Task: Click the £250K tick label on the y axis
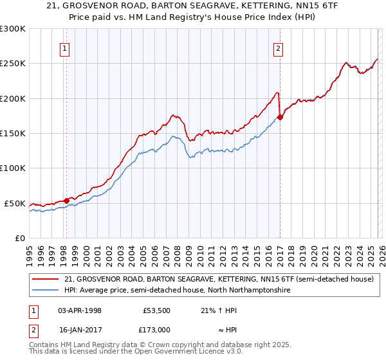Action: click(x=13, y=64)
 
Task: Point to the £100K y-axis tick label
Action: click(x=13, y=168)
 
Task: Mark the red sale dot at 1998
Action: click(x=66, y=201)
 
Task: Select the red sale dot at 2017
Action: click(x=280, y=118)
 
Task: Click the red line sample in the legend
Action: click(x=46, y=279)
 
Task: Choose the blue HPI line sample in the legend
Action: click(x=46, y=291)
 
